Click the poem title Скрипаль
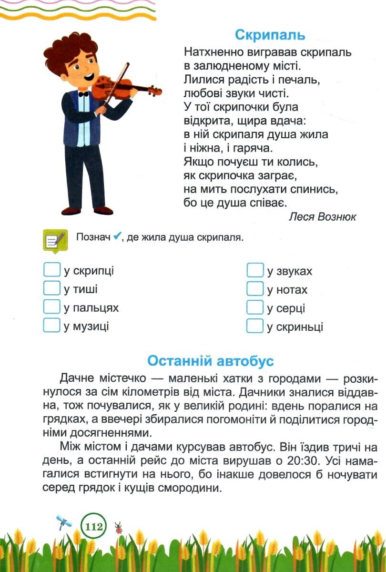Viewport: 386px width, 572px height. point(270,35)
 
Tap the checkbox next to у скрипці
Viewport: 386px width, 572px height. point(51,270)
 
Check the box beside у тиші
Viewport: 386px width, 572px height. point(51,288)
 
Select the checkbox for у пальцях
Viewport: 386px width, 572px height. point(51,307)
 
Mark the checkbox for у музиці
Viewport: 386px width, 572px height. point(51,326)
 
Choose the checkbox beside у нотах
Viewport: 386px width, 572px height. point(255,289)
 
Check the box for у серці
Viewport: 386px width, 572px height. point(255,307)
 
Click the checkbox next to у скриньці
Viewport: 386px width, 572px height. point(255,326)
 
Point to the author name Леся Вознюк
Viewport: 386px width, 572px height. point(323,217)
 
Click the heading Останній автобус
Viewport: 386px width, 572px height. point(210,361)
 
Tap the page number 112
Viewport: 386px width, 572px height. point(93,527)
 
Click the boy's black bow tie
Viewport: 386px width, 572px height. point(83,94)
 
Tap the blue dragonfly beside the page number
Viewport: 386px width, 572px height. point(64,522)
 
